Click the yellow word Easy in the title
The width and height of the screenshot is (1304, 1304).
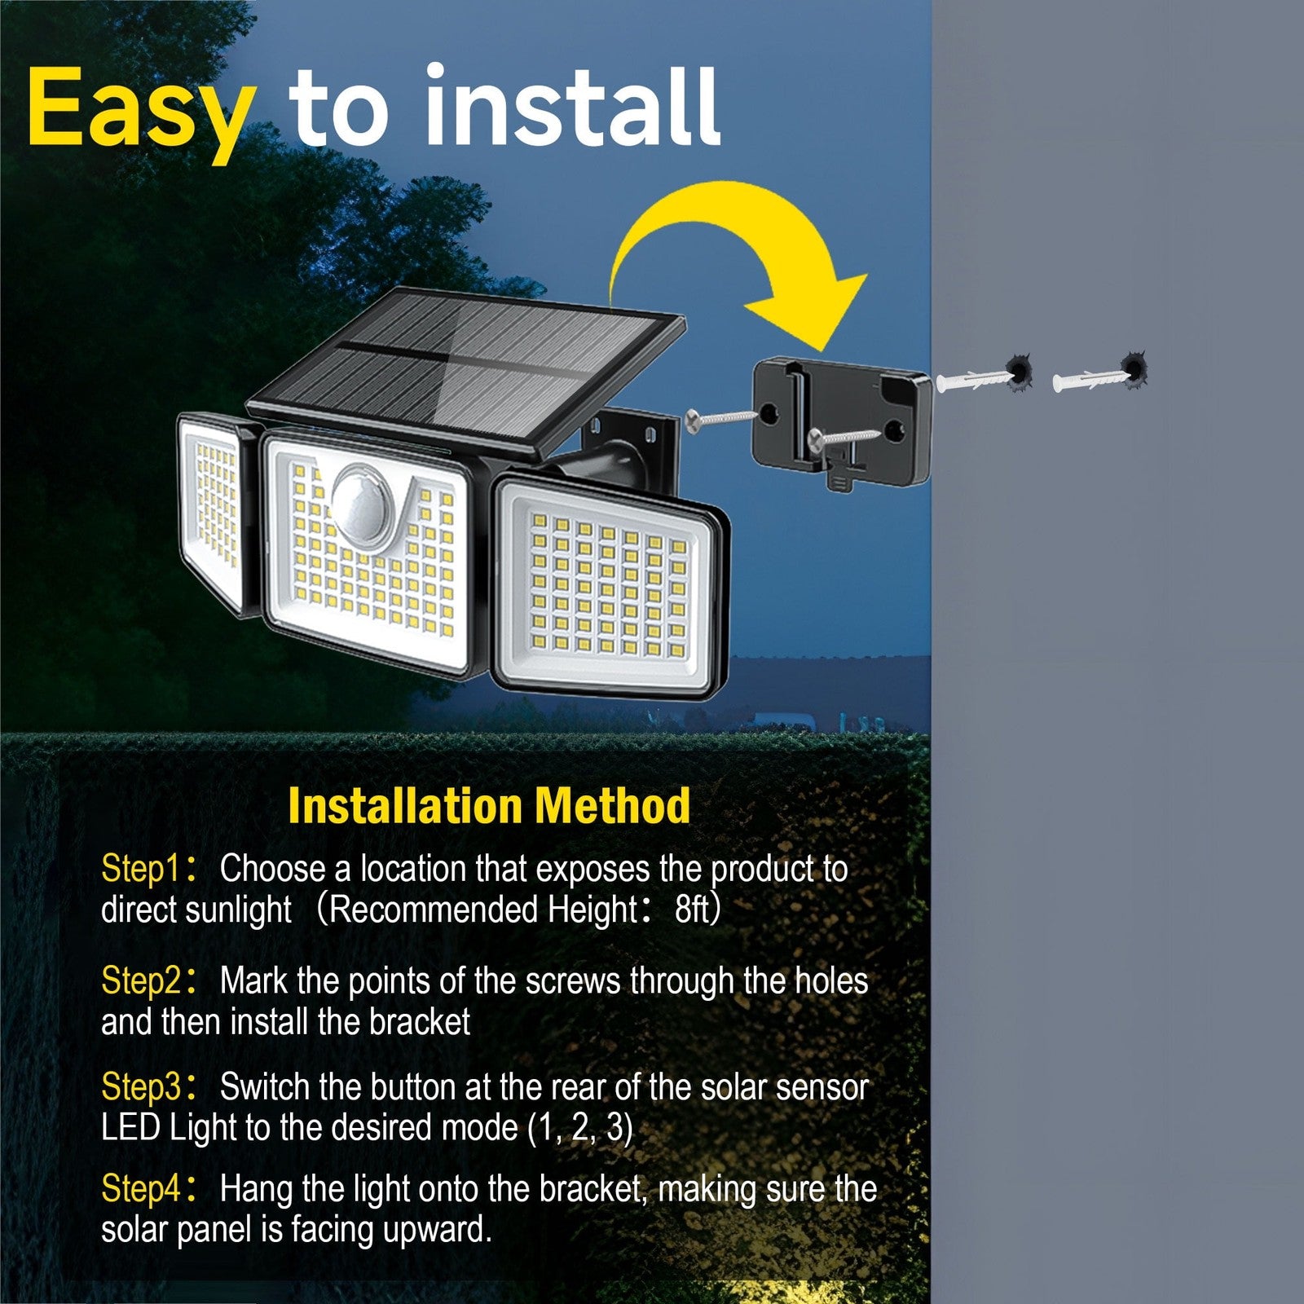click(139, 114)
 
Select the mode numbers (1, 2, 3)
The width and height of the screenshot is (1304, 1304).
click(580, 1129)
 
